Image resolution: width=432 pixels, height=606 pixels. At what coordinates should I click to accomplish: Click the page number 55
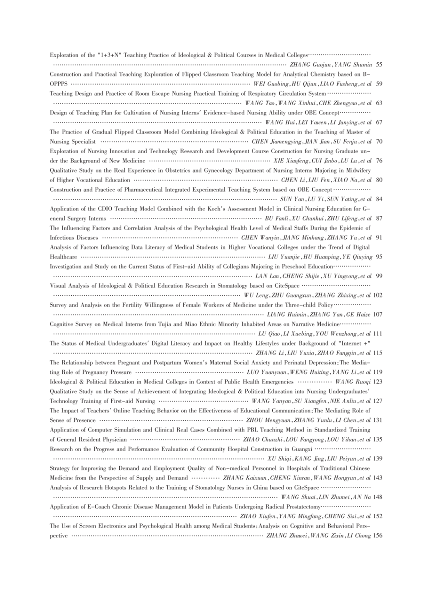pyautogui.click(x=379, y=65)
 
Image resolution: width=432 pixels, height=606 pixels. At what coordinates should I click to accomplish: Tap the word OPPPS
pyautogui.click(x=58, y=83)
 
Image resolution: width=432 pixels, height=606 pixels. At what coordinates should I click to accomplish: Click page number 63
pyautogui.click(x=379, y=103)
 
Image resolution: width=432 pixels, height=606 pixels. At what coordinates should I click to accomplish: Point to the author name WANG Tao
pyautogui.click(x=257, y=103)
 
